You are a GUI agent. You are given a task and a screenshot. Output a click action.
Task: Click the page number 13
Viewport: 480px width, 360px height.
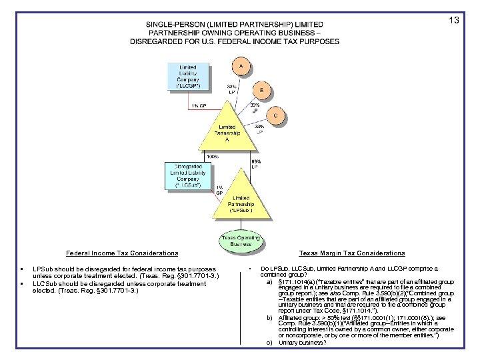tap(453, 21)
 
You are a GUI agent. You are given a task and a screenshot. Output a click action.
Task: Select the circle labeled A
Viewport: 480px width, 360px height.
tap(241, 66)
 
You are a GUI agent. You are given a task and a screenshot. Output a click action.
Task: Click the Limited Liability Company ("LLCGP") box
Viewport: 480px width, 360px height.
tap(187, 77)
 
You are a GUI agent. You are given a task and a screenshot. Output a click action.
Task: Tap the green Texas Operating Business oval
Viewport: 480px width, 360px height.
tap(237, 239)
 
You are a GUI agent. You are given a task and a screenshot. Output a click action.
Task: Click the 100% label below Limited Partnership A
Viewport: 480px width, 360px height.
tap(213, 157)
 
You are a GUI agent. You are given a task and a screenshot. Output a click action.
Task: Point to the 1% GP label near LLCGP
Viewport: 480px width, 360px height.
tap(197, 105)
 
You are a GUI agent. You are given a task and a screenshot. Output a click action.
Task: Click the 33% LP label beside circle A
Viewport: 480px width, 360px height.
tap(233, 89)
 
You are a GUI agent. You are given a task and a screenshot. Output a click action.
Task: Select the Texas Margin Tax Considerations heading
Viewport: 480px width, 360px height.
tap(352, 253)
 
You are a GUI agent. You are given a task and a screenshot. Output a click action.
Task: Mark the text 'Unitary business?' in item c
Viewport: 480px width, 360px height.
tap(303, 343)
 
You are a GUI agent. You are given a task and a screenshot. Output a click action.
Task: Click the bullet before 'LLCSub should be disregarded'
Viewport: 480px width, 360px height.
tap(23, 284)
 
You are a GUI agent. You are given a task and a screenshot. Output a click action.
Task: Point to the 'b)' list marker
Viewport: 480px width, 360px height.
tap(269, 319)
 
